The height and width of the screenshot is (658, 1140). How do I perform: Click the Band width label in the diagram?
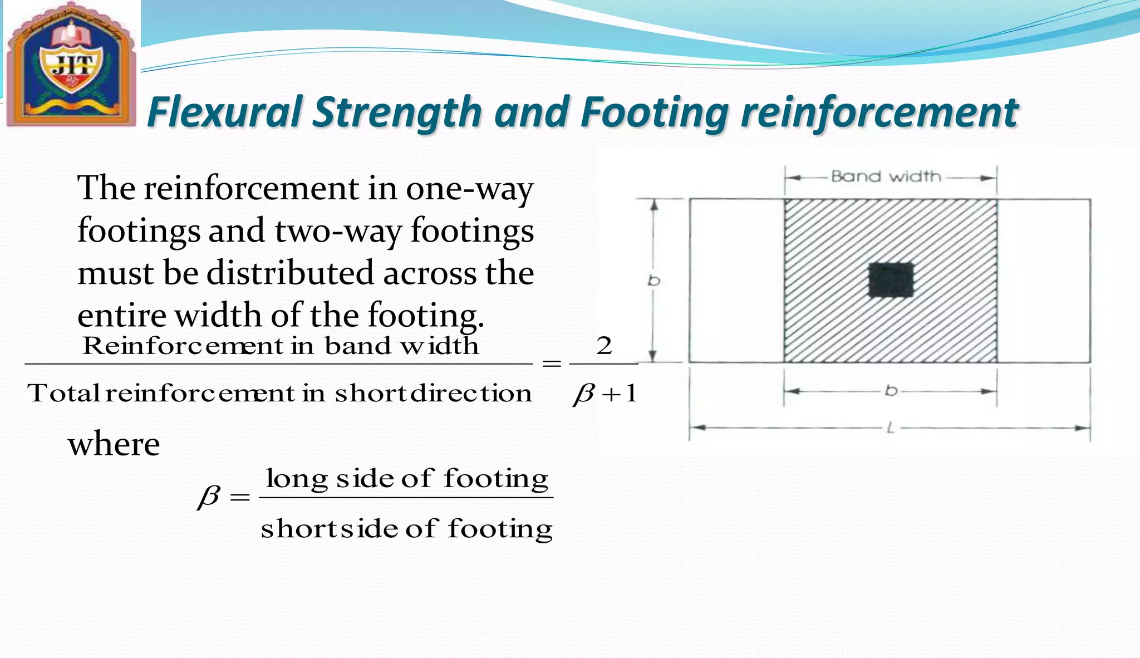coord(886,177)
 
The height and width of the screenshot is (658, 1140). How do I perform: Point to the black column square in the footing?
coord(891,280)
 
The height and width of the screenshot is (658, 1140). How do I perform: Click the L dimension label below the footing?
coord(890,428)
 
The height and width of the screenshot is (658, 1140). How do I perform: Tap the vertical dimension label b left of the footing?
coord(653,281)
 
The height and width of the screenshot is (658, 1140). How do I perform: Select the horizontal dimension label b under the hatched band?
coord(891,391)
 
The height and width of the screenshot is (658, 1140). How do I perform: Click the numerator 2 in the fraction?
coord(604,346)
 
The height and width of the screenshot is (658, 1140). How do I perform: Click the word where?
coord(114,444)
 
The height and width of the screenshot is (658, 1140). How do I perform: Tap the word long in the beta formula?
coord(297,479)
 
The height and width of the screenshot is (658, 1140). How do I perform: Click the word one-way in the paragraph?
coord(469,189)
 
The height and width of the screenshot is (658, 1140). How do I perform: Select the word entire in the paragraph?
coord(121,316)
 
